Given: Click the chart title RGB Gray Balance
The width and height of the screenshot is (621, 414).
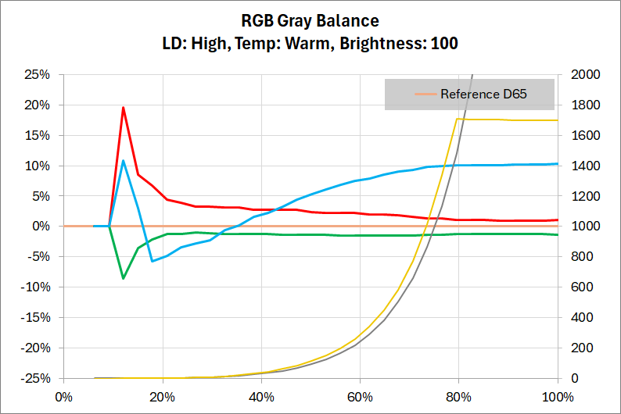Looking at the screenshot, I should pos(310,20).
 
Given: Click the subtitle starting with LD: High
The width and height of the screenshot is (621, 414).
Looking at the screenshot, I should pos(310,44).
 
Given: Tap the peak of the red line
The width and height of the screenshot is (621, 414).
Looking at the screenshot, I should pos(123,108).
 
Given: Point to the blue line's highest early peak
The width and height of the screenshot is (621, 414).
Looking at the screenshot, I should pos(123,161).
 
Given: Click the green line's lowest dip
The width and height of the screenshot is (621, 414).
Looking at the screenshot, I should pos(123,278).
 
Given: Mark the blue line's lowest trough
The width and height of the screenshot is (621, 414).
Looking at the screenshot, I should pos(153,261).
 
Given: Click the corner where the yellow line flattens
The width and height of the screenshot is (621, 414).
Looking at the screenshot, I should pos(455,119).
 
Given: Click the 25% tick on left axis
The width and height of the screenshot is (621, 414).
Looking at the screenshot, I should pos(38,75).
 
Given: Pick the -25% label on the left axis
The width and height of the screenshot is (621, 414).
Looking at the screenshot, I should pos(36,378).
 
